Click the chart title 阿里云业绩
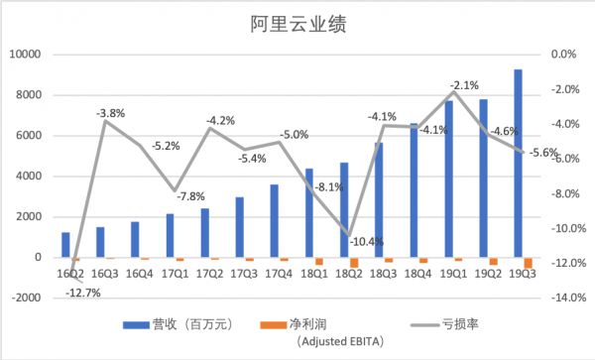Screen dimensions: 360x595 (x=297, y=22)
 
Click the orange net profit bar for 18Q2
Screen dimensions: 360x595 (x=354, y=262)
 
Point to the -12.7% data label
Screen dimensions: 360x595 (x=83, y=293)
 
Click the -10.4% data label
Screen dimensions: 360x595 (x=361, y=241)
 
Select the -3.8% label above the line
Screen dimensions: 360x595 (x=110, y=113)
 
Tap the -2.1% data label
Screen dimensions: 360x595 (x=464, y=85)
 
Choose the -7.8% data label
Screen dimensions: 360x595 (x=194, y=195)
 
